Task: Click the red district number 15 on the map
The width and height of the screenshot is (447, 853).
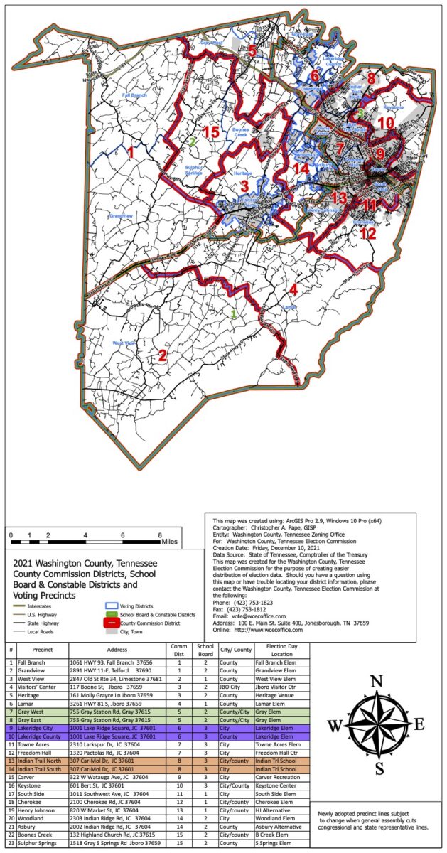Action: click(210, 132)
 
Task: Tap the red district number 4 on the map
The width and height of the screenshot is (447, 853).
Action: click(293, 289)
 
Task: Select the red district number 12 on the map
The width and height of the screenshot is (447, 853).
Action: click(367, 232)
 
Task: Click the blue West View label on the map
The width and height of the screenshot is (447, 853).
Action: click(124, 343)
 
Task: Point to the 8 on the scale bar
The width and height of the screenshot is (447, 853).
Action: click(160, 534)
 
